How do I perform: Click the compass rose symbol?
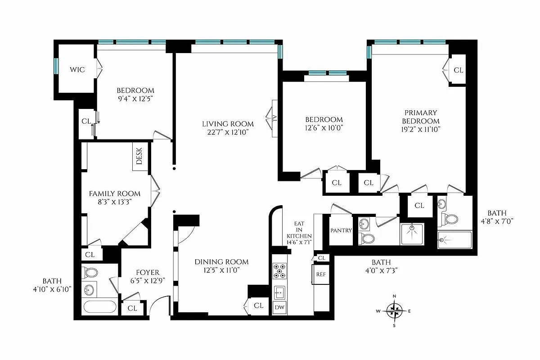(395, 310)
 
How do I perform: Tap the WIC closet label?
(77, 70)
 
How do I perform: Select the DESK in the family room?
(139, 157)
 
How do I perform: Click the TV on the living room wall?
(273, 118)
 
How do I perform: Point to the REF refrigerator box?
(321, 274)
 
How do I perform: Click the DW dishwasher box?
(279, 307)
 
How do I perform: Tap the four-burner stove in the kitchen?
(279, 271)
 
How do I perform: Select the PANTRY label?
(341, 230)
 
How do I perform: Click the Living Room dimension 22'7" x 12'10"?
(227, 132)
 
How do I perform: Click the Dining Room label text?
(221, 261)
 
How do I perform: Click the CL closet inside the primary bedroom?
(458, 70)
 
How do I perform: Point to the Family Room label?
(114, 193)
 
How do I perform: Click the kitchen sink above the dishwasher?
(279, 292)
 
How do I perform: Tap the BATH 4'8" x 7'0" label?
(499, 217)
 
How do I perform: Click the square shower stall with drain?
(412, 234)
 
